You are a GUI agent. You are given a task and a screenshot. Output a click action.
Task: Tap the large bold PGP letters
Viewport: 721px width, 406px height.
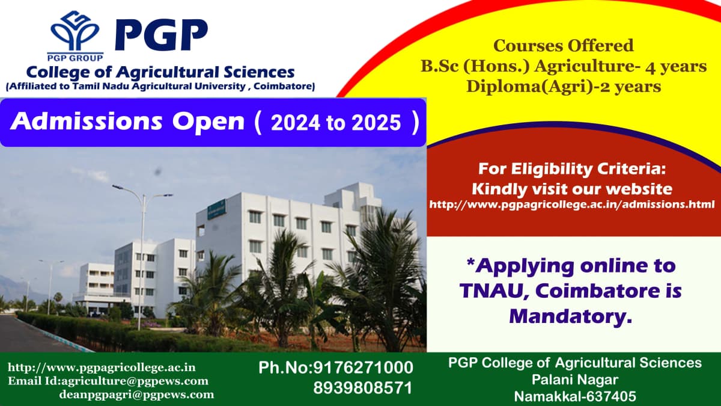click(161, 35)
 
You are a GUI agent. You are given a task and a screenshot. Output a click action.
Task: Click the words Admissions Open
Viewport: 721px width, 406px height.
click(127, 122)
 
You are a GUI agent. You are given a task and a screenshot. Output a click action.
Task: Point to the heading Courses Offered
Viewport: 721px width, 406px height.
click(563, 46)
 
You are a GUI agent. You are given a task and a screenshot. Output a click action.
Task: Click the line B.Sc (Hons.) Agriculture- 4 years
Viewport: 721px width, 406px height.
click(563, 66)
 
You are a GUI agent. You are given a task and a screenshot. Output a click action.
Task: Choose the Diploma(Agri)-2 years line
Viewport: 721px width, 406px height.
click(563, 87)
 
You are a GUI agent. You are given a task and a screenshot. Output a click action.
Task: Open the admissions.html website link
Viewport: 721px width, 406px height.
click(571, 205)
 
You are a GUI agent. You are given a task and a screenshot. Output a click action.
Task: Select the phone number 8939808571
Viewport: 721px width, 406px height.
click(363, 388)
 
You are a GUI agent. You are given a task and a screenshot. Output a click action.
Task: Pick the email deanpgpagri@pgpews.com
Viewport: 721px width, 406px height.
click(136, 395)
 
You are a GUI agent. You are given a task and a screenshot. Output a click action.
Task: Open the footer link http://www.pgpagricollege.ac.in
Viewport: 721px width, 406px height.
click(102, 367)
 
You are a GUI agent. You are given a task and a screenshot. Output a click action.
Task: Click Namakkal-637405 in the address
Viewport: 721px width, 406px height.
click(575, 396)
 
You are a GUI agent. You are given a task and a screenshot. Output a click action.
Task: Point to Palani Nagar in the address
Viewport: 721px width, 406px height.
click(575, 380)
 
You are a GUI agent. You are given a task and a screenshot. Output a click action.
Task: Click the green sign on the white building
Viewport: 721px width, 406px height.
click(216, 208)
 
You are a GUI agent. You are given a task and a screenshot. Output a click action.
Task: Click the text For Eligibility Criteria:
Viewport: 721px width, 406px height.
click(571, 168)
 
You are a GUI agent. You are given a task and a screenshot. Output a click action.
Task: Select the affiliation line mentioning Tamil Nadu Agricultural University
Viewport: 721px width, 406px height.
click(160, 87)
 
